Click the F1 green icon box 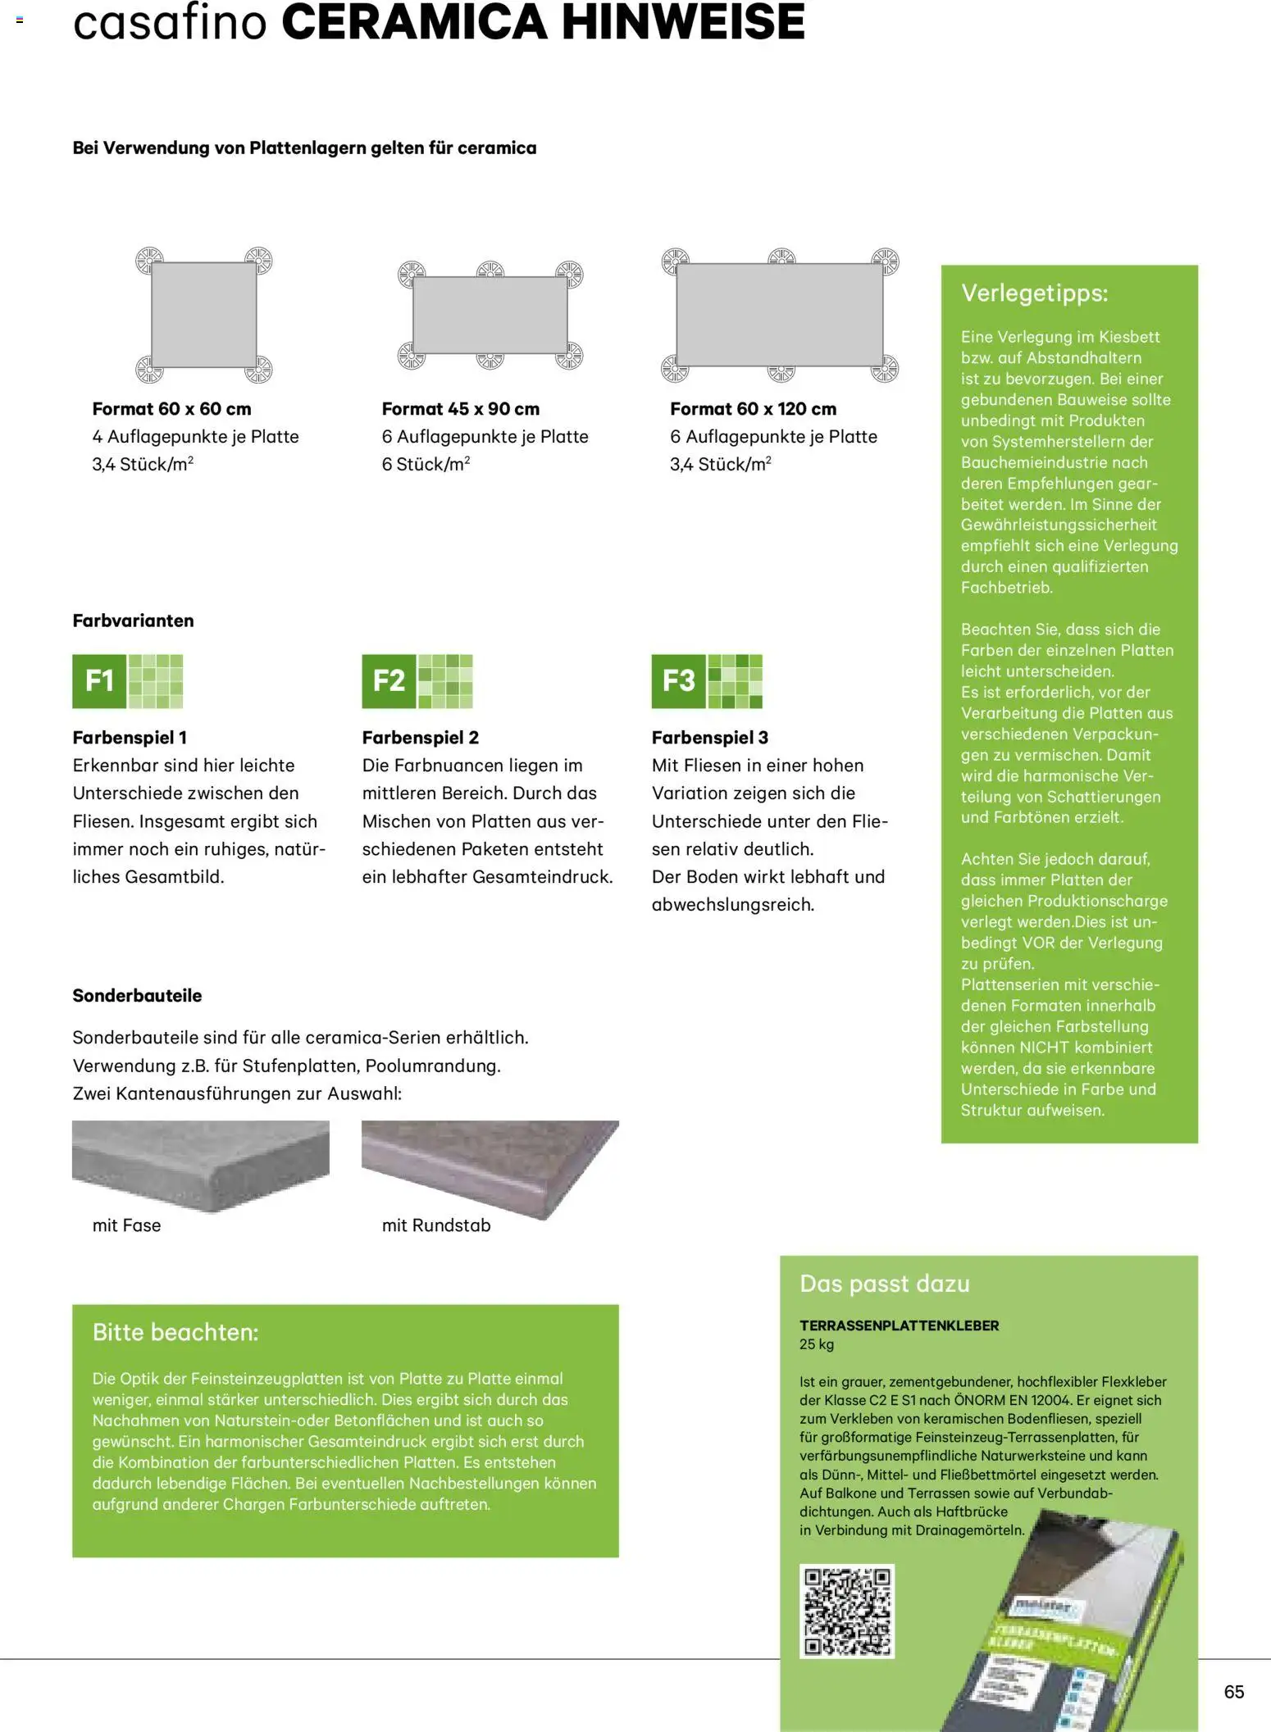pyautogui.click(x=99, y=680)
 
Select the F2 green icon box pyautogui.click(x=389, y=680)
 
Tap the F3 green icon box pyautogui.click(x=678, y=680)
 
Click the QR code pyautogui.click(x=846, y=1611)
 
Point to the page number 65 pyautogui.click(x=1233, y=1692)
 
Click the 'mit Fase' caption pyautogui.click(x=126, y=1225)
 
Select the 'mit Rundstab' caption pyautogui.click(x=436, y=1225)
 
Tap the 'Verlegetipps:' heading pyautogui.click(x=1034, y=293)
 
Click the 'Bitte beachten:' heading pyautogui.click(x=175, y=1332)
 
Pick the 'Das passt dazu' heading pyautogui.click(x=884, y=1284)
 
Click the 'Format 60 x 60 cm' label pyautogui.click(x=171, y=409)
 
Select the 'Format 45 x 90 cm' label pyautogui.click(x=461, y=409)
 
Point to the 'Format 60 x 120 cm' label pyautogui.click(x=753, y=409)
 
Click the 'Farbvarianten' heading pyautogui.click(x=133, y=621)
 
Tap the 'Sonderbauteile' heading pyautogui.click(x=137, y=995)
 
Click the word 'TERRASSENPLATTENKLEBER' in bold pyautogui.click(x=899, y=1325)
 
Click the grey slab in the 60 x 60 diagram pyautogui.click(x=203, y=315)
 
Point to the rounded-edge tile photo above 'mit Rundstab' pyautogui.click(x=490, y=1164)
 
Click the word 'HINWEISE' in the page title pyautogui.click(x=682, y=23)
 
